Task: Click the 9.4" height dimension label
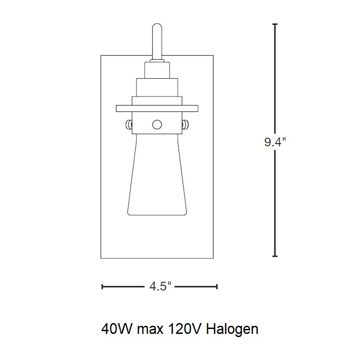pos(275,142)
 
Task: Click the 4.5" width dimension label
pos(160,287)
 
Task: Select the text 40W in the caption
pos(117,329)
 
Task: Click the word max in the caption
pos(150,330)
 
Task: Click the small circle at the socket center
pos(157,125)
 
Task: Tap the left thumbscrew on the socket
pos(129,125)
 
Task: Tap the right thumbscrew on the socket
pos(185,125)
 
